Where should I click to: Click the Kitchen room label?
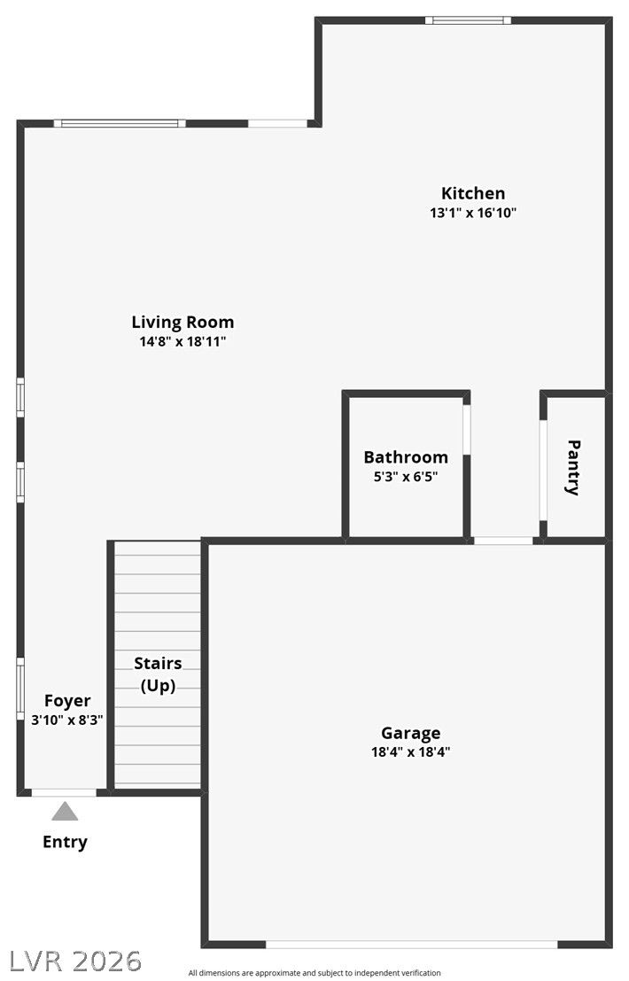[473, 193]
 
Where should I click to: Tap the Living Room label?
[182, 323]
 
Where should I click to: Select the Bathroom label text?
[406, 457]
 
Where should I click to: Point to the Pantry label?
[572, 468]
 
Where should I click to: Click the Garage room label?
[411, 733]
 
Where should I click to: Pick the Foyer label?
[67, 701]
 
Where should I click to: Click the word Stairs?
[159, 663]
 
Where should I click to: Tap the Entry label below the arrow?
[65, 842]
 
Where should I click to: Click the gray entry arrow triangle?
[65, 812]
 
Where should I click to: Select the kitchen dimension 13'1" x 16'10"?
[473, 213]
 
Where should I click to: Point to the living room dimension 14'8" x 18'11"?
[182, 341]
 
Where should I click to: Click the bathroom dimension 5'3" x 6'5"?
[406, 477]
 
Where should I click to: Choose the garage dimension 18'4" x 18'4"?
[411, 752]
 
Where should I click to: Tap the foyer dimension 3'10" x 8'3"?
[67, 720]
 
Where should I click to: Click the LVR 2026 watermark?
[75, 962]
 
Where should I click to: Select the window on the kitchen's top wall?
[469, 20]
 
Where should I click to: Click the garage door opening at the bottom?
[412, 945]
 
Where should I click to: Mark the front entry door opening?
[65, 792]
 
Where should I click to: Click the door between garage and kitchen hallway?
[503, 541]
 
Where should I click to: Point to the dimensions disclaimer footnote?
[314, 973]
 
